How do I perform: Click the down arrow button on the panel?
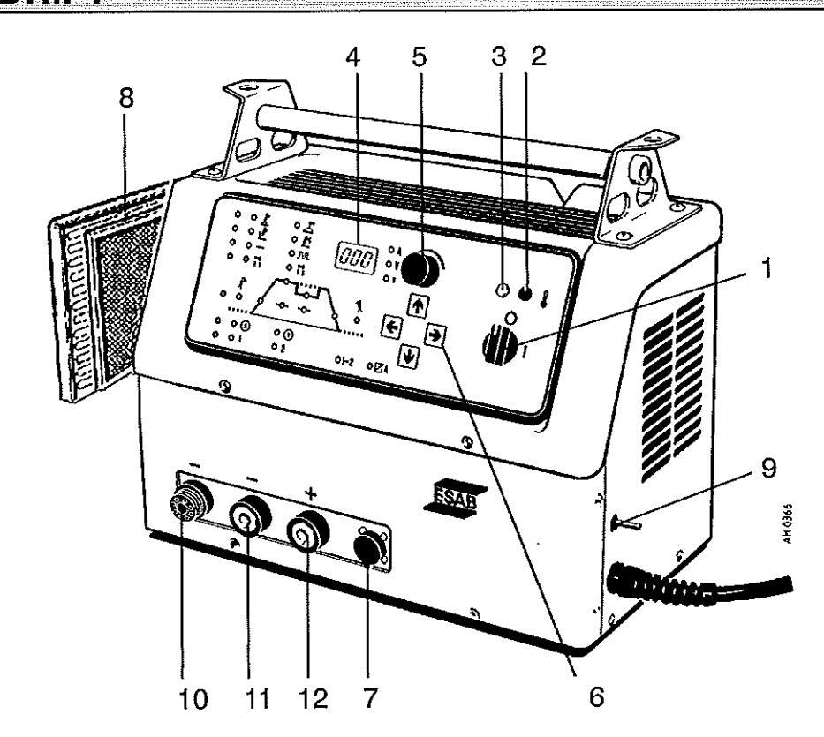408,357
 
